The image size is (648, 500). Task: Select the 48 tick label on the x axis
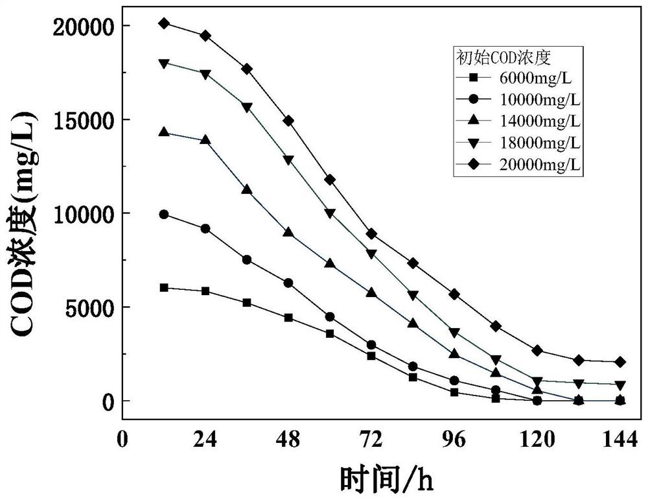click(288, 440)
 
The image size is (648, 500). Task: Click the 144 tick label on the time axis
click(619, 440)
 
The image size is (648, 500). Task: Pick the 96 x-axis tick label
click(454, 440)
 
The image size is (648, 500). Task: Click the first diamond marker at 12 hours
click(164, 23)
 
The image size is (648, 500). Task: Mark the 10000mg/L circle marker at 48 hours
click(288, 283)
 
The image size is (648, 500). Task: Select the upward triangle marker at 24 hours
click(205, 139)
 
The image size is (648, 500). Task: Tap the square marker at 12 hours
click(164, 288)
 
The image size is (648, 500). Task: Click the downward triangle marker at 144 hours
click(619, 385)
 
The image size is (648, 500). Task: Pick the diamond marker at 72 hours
click(371, 233)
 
